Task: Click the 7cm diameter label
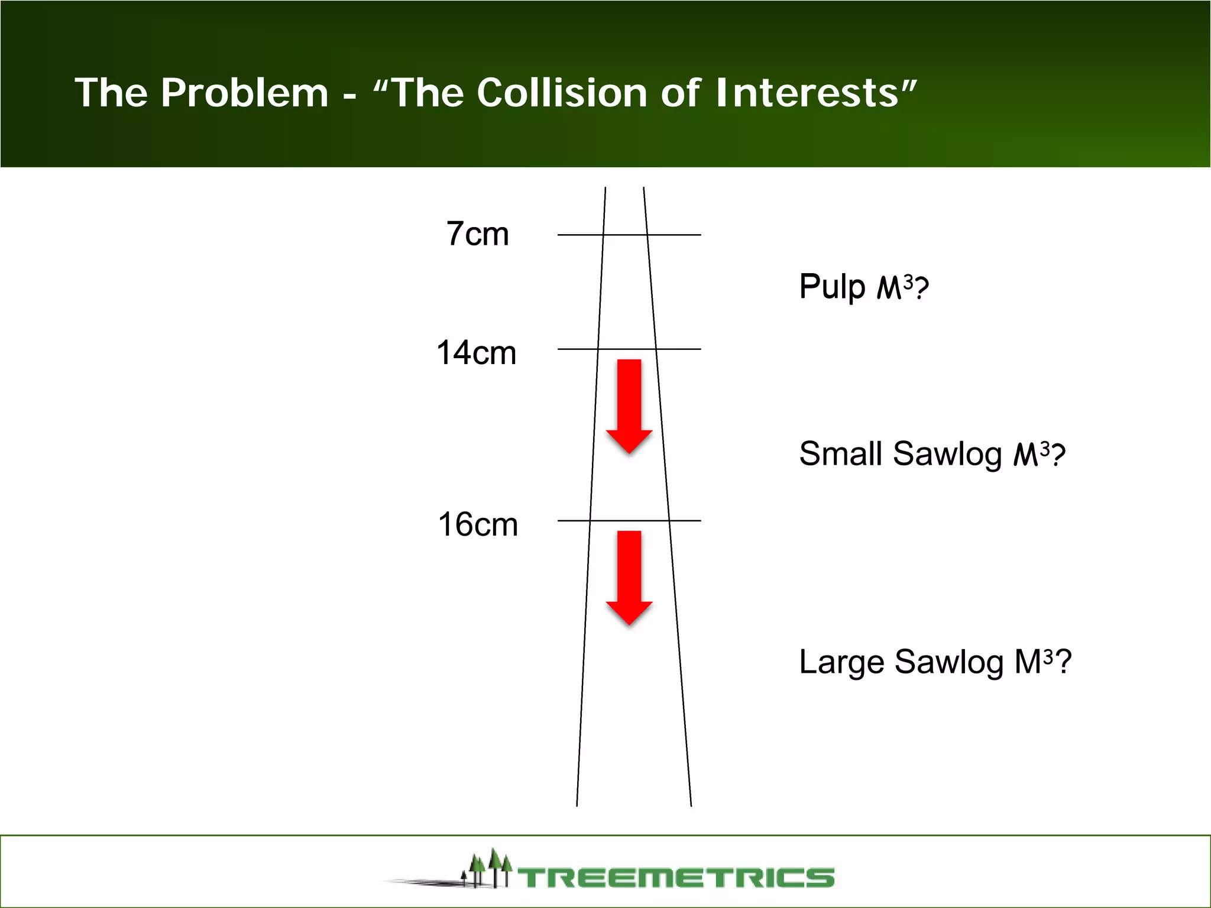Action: pos(477,234)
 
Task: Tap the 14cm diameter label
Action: pos(476,353)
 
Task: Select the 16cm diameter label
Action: pos(478,524)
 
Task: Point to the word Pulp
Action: pos(832,287)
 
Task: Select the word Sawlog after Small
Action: pos(947,454)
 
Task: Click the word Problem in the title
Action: pos(244,93)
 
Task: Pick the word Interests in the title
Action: pos(807,93)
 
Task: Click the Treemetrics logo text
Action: pos(676,877)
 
